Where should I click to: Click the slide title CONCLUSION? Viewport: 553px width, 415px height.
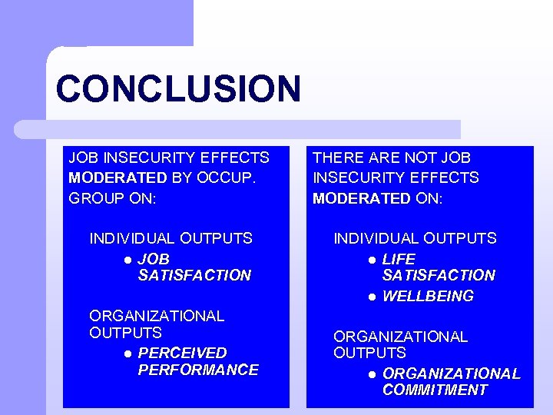point(178,88)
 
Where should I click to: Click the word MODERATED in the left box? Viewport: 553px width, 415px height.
point(118,178)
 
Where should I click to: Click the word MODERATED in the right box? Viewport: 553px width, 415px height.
point(361,198)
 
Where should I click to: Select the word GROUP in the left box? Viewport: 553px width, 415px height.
point(91,198)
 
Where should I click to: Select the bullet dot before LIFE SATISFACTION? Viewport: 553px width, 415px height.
point(371,260)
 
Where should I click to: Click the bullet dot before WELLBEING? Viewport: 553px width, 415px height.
point(371,297)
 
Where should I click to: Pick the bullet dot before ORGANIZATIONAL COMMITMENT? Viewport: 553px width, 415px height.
point(371,374)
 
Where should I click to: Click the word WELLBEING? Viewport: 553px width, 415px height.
point(428,296)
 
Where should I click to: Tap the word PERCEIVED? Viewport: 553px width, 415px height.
point(182,353)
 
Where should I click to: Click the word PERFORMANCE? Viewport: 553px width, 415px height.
point(198,370)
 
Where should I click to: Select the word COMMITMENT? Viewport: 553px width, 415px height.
point(435,390)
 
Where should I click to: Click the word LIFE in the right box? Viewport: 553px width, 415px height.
point(398,259)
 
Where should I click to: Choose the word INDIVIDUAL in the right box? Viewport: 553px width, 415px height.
point(373,238)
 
